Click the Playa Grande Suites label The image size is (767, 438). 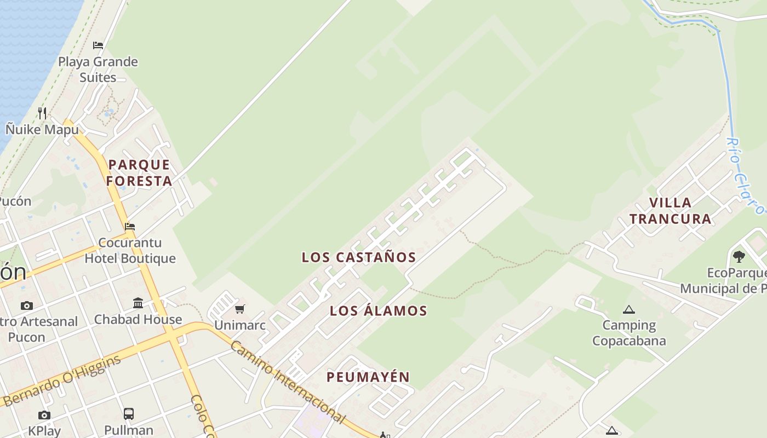[98, 70]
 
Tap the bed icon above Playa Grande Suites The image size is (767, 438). [98, 45]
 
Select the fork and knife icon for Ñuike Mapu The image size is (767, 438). [42, 113]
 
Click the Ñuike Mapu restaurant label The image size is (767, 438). [42, 130]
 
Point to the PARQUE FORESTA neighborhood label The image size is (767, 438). [139, 172]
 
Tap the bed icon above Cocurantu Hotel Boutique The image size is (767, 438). [130, 226]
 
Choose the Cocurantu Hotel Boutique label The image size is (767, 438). [130, 250]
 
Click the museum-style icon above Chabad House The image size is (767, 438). [138, 303]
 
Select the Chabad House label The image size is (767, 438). [138, 319]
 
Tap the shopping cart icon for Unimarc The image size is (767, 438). [240, 309]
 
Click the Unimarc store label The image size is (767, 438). [240, 325]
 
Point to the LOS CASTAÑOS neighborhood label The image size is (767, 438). [359, 257]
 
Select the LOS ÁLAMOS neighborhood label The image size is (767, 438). [378, 311]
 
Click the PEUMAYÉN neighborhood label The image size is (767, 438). [368, 377]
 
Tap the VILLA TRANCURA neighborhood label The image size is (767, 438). [670, 211]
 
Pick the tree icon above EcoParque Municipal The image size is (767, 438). [739, 256]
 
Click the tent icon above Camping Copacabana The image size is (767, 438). [629, 309]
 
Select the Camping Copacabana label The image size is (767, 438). [629, 333]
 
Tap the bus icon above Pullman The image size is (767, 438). [129, 414]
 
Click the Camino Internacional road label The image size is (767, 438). [288, 382]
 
